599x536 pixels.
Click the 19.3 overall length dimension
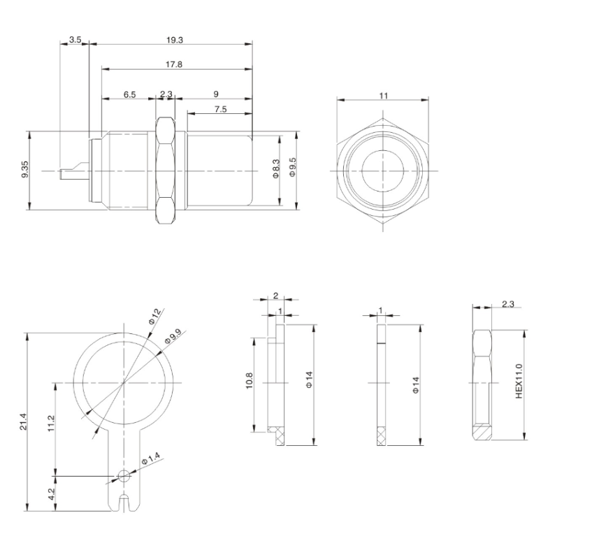pyautogui.click(x=174, y=40)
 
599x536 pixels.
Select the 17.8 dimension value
pyautogui.click(x=175, y=65)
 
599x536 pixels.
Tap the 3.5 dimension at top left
pyautogui.click(x=75, y=40)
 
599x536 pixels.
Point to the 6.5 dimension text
pyautogui.click(x=130, y=94)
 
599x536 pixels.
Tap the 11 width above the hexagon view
pyautogui.click(x=384, y=94)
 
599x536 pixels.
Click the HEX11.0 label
pyautogui.click(x=519, y=381)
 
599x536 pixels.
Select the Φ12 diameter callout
pyautogui.click(x=155, y=320)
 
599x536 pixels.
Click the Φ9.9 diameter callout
pyautogui.click(x=172, y=338)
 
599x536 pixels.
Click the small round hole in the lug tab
pyautogui.click(x=124, y=477)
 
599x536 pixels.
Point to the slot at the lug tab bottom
pyautogui.click(x=124, y=502)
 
